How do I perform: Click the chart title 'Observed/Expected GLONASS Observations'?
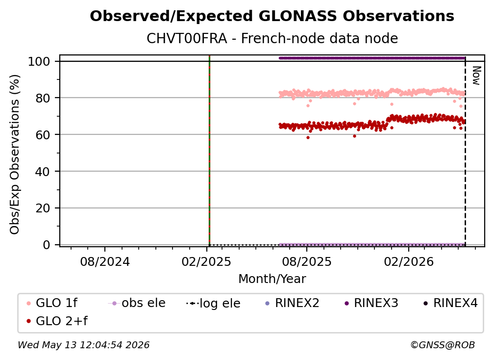tap(272, 16)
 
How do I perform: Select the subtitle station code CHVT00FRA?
tap(187, 38)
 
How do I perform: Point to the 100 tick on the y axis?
tap(39, 61)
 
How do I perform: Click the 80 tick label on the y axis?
tap(43, 98)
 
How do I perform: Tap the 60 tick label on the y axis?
tap(43, 134)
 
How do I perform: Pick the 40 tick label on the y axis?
tap(43, 172)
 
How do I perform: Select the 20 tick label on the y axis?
tap(43, 208)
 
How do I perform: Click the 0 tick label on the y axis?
tap(46, 245)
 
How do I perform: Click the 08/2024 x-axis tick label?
tap(105, 261)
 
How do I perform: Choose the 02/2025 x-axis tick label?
tap(206, 261)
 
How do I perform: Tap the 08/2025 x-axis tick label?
tap(307, 261)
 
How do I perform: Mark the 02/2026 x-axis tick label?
tap(409, 261)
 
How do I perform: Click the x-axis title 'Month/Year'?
tap(272, 279)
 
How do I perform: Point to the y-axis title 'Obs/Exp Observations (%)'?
tap(15, 154)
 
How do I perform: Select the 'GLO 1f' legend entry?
tap(52, 303)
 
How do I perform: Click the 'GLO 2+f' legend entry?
tap(57, 321)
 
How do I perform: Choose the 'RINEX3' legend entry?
tap(371, 303)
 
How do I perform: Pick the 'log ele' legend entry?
tap(213, 303)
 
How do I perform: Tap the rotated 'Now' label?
tap(476, 76)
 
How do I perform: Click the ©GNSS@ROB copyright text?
tap(443, 345)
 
